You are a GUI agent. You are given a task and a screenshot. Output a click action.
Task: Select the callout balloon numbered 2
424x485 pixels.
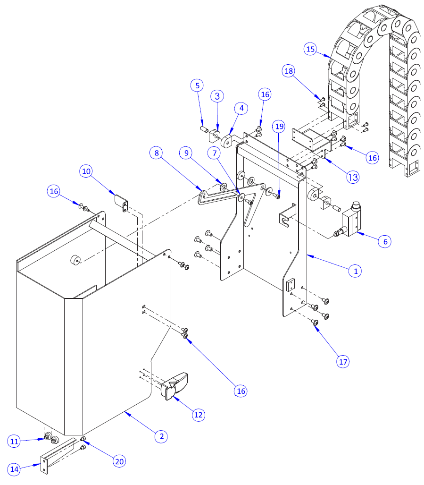161,436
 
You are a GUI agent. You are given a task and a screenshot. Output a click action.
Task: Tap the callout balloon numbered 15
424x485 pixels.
310,49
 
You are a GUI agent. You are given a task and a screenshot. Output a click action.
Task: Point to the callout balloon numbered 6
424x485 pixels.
385,241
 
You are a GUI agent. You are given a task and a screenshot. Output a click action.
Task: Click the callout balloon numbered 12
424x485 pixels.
199,414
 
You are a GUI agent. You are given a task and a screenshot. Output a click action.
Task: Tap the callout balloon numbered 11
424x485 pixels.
14,441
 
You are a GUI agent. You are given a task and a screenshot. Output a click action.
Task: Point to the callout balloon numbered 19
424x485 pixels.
279,126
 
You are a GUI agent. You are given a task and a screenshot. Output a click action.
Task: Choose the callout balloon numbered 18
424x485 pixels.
289,71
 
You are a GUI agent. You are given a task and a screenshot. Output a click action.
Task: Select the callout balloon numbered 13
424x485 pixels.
352,177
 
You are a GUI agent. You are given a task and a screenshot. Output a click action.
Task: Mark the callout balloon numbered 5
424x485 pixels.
197,85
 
